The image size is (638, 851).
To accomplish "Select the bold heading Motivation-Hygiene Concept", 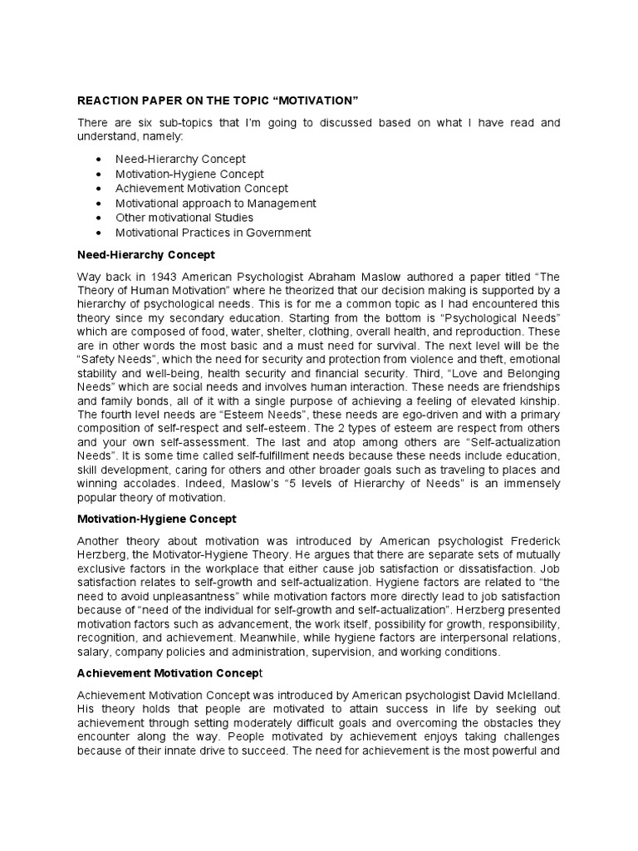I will [156, 519].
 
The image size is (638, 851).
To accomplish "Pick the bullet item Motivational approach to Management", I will [215, 203].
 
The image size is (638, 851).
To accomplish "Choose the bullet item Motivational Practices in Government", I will [213, 233].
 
